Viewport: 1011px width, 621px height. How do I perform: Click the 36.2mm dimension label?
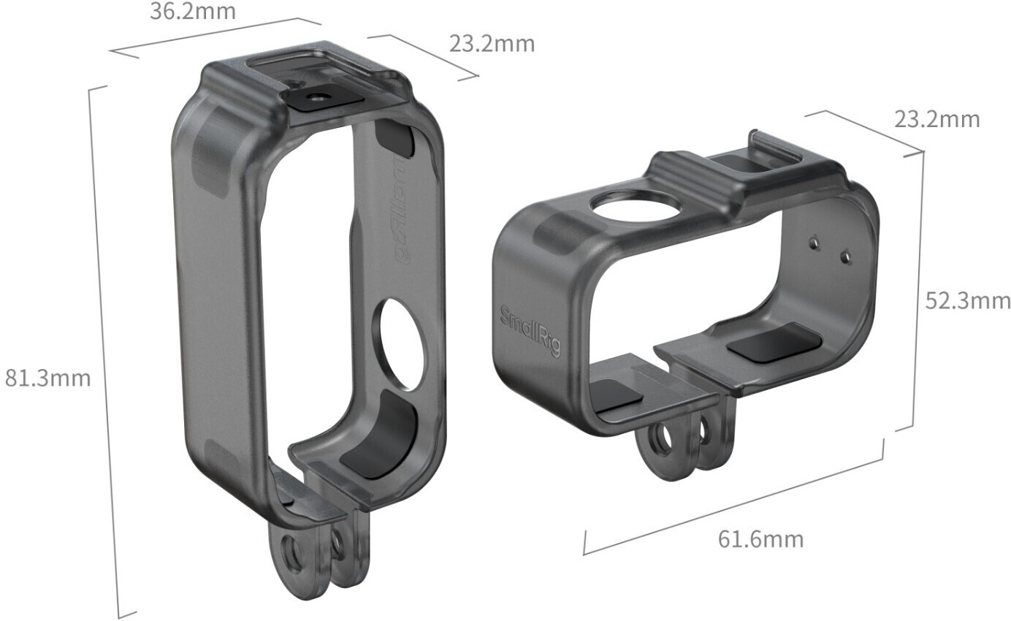(x=193, y=12)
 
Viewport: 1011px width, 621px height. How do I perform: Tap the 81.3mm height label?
(x=47, y=378)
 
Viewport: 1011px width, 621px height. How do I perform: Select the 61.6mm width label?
(x=761, y=539)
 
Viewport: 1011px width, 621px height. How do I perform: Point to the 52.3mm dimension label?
(x=968, y=300)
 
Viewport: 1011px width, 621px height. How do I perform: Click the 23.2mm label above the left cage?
(x=492, y=44)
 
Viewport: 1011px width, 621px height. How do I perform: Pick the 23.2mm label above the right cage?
(x=937, y=120)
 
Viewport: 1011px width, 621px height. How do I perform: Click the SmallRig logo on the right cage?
(x=531, y=331)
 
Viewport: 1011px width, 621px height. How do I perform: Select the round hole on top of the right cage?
(x=637, y=207)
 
